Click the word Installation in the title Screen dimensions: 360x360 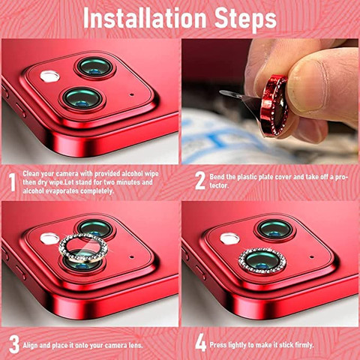coord(145,18)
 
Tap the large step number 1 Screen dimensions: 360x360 coord(12,181)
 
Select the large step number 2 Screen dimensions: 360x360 coord(200,180)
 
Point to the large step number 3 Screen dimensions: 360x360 coord(14,344)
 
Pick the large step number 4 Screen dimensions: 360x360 coord(200,343)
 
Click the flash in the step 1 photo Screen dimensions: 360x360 coord(49,76)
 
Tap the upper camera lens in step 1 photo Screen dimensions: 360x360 coord(94,67)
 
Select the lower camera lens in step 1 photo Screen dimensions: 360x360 coord(82,99)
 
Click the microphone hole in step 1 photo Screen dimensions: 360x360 coord(131,94)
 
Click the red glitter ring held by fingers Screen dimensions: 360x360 coord(274,106)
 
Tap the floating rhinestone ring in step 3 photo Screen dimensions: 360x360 coord(83,248)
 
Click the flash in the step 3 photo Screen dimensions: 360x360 coord(49,238)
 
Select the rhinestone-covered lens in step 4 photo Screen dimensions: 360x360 coord(262,260)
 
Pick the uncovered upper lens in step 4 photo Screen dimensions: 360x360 coord(275,229)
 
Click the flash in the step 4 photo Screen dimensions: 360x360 coord(229,238)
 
